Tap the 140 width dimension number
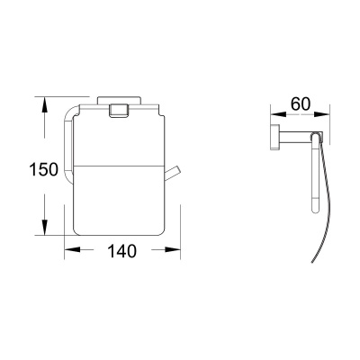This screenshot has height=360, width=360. tap(120, 252)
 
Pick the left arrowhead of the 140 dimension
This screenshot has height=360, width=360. tap(67, 252)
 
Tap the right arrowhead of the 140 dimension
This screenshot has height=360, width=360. tap(174, 252)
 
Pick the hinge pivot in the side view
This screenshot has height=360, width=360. tap(316, 138)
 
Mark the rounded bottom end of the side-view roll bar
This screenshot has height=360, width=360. tap(313, 209)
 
